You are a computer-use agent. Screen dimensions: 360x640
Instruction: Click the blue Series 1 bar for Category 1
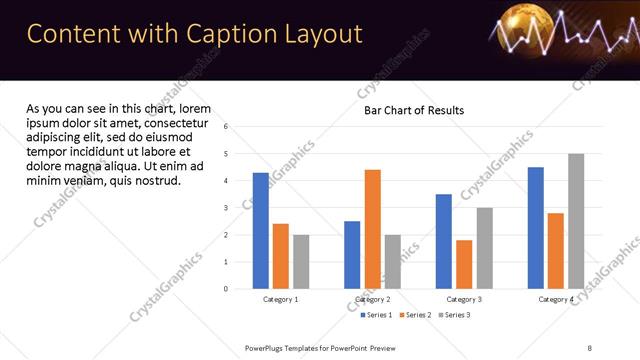(x=260, y=231)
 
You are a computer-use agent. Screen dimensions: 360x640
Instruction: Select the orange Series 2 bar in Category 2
(x=372, y=229)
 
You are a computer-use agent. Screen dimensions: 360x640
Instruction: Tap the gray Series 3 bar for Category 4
(x=575, y=221)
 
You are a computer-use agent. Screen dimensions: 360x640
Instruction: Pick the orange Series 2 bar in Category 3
(x=464, y=264)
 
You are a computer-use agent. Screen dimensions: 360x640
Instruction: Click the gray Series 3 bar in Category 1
(x=301, y=262)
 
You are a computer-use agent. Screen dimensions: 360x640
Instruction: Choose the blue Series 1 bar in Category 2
(x=352, y=255)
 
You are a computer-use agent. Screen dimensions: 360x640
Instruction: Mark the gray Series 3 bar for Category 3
(x=484, y=248)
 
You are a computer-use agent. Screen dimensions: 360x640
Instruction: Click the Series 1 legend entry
(x=378, y=315)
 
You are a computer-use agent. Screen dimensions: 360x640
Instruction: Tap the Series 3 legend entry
(x=453, y=315)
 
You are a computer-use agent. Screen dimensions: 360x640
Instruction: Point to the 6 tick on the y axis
(x=226, y=127)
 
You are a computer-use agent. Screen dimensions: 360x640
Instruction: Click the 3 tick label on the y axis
(x=226, y=208)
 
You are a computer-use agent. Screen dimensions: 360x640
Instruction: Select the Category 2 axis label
(x=372, y=299)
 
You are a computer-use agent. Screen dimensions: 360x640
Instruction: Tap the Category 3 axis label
(x=464, y=299)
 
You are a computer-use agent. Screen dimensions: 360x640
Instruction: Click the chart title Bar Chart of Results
(x=413, y=109)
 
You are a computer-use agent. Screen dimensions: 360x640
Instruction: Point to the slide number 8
(x=590, y=347)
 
